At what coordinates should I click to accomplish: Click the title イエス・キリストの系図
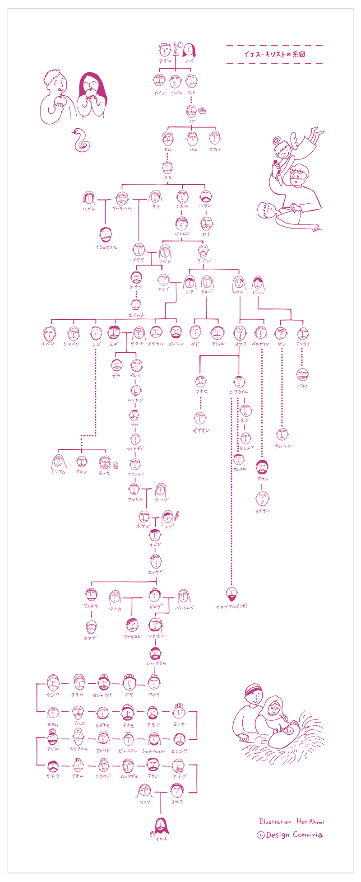point(274,54)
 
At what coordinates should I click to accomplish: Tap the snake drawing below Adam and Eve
point(80,140)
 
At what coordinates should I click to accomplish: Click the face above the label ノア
point(192,111)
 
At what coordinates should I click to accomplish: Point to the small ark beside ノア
point(202,109)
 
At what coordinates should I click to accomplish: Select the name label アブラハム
point(122,209)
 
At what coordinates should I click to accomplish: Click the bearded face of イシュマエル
point(106,235)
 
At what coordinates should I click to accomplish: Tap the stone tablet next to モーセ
point(116,464)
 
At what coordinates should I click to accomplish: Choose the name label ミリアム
point(58,472)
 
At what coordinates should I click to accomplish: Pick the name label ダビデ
point(155,607)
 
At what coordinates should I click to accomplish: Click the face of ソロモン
point(155,625)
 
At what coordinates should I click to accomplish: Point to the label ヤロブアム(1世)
point(231,606)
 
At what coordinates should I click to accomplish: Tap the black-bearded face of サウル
point(262,467)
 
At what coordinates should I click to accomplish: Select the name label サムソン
point(283,446)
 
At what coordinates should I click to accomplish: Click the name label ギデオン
point(201,430)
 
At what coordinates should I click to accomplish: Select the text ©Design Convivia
point(290,835)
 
